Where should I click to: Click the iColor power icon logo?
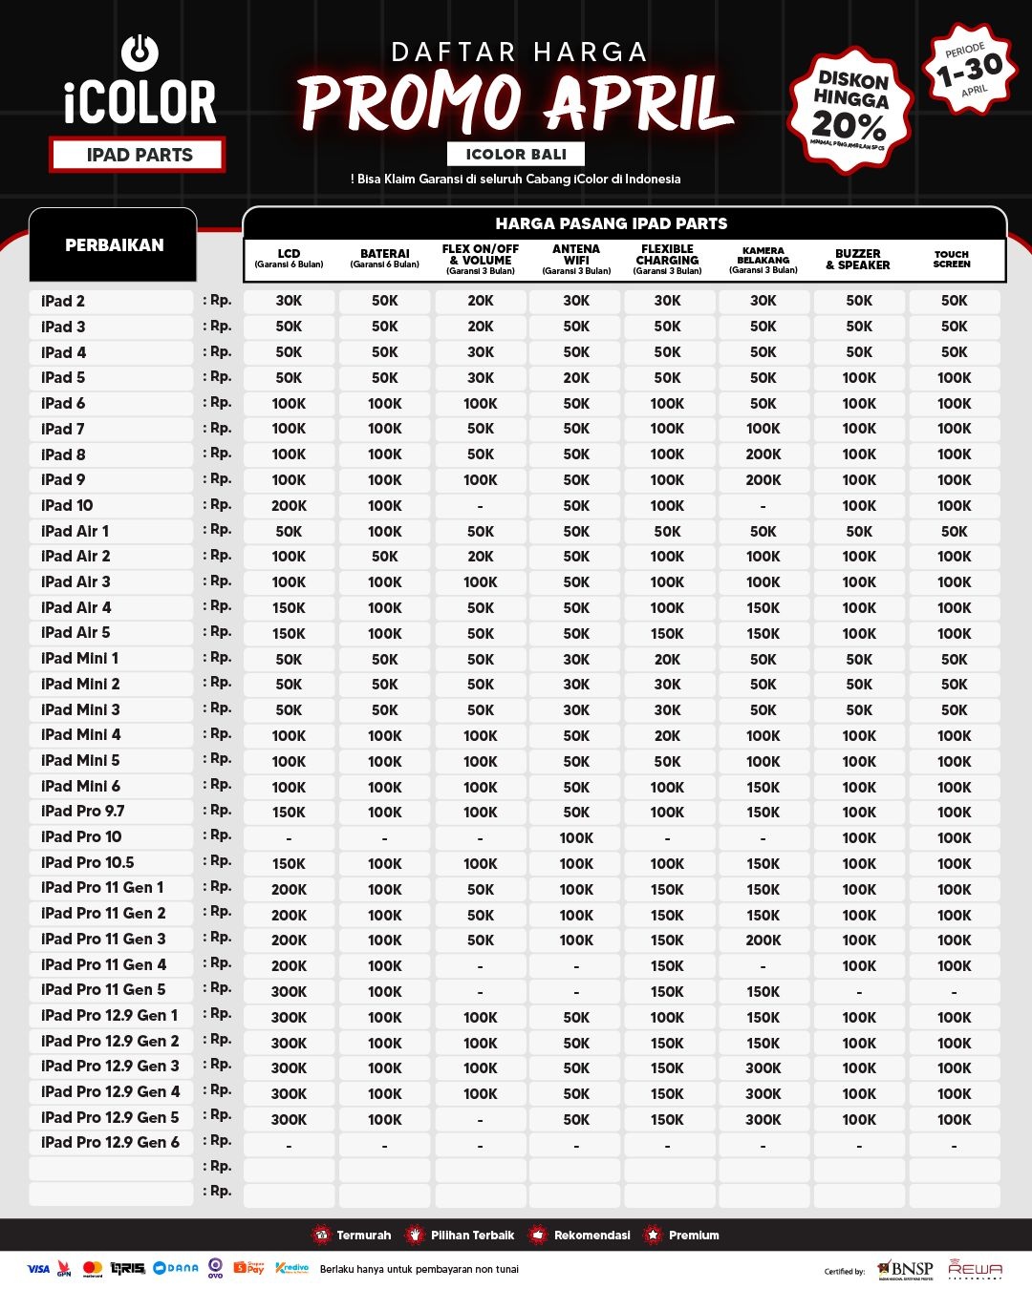[140, 53]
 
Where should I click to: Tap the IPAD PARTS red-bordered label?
[139, 155]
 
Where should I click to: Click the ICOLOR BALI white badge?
[516, 154]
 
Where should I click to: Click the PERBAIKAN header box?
[114, 245]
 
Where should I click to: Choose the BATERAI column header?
[385, 258]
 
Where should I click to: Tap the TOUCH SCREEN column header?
[952, 259]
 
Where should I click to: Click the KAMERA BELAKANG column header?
[763, 259]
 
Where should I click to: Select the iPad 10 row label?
[68, 505]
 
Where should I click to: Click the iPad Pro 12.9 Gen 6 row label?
[110, 1142]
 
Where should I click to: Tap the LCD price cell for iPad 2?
[289, 301]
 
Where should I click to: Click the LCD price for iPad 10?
[289, 506]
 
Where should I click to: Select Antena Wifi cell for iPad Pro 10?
[576, 837]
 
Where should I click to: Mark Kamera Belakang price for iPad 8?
[763, 454]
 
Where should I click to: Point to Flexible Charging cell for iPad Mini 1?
[667, 659]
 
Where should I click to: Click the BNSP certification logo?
[905, 1269]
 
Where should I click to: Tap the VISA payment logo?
[38, 1269]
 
